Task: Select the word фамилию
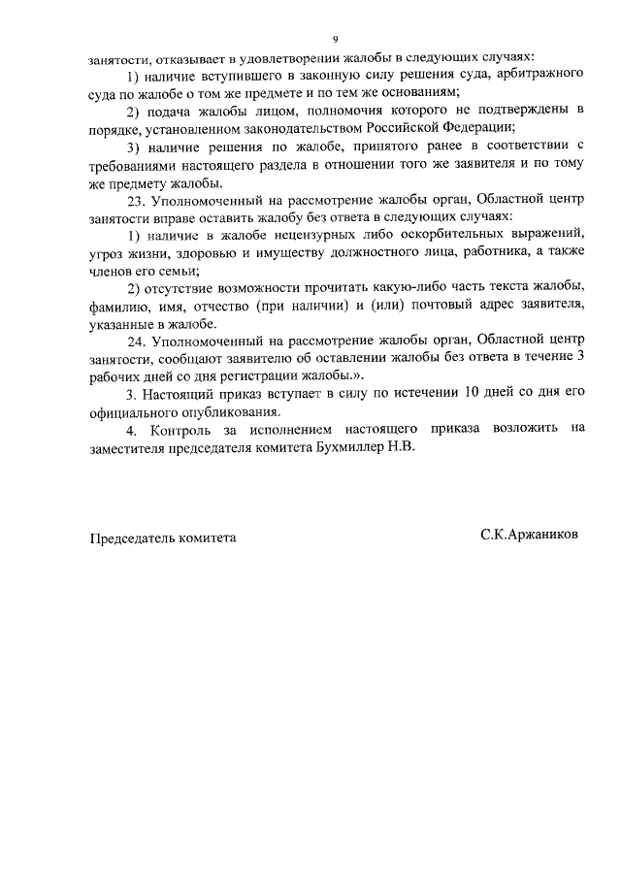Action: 119,306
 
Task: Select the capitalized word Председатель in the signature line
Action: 135,537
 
